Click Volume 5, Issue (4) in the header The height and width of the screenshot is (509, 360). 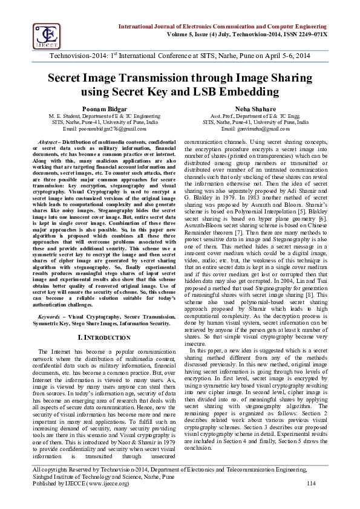[x=182, y=34]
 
